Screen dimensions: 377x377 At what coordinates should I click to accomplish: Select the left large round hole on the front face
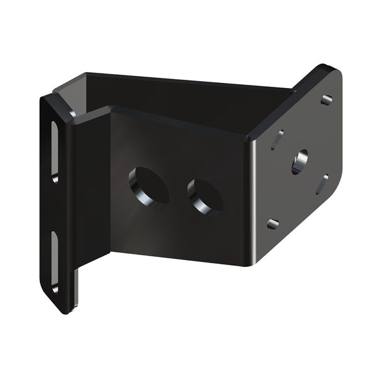tap(148, 187)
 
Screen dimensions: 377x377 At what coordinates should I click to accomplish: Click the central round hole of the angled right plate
tap(300, 161)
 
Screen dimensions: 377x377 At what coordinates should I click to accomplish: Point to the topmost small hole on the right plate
tap(326, 100)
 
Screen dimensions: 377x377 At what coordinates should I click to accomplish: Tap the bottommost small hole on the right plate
tap(272, 223)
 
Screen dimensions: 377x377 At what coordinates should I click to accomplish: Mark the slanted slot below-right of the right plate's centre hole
tap(322, 184)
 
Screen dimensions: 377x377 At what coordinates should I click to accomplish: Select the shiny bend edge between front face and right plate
tap(251, 188)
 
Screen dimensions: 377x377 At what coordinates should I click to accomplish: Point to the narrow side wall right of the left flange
tap(93, 201)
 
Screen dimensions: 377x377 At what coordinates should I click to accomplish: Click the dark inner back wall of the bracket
tap(188, 91)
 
